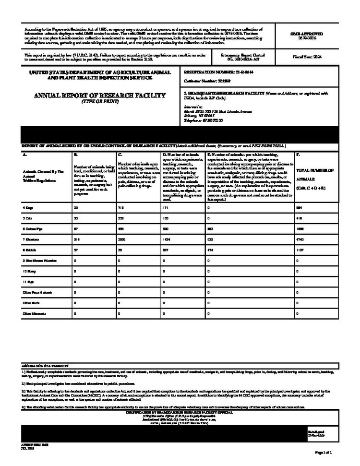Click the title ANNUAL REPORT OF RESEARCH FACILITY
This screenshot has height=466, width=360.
[x=100, y=95]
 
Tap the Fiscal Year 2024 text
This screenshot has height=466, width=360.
[x=307, y=57]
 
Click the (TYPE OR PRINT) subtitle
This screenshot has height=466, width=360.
[x=99, y=102]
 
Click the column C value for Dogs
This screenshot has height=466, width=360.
[x=120, y=208]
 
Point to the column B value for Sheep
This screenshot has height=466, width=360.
[x=75, y=271]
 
